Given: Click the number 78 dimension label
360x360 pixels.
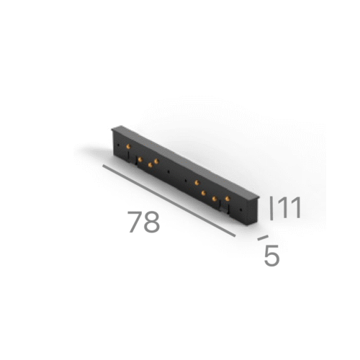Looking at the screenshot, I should [144, 222].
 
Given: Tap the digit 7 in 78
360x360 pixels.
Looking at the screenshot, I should [135, 222].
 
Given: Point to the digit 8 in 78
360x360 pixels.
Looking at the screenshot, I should [151, 222].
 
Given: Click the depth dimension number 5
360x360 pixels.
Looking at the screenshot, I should [271, 256].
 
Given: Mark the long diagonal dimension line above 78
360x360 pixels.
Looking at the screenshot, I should [168, 201].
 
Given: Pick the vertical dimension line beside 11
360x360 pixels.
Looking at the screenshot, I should [271, 208].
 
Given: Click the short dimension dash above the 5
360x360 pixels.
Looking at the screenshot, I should [263, 237].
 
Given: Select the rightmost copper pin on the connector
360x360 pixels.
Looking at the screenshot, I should [228, 197].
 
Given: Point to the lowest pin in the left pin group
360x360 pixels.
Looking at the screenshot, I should [150, 166].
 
